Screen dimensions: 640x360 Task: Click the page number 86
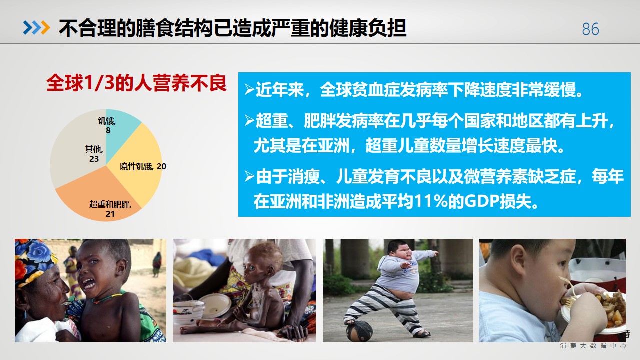point(590,29)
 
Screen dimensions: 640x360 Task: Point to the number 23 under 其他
point(94,159)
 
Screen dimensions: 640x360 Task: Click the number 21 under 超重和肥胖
point(110,214)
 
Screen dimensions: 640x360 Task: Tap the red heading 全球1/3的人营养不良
point(136,83)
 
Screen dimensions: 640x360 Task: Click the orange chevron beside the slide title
point(45,28)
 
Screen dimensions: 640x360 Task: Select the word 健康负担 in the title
point(367,28)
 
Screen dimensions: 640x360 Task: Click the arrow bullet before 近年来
point(249,89)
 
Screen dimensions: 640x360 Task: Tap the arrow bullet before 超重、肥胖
point(249,120)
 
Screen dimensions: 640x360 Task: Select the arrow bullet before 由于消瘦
point(249,176)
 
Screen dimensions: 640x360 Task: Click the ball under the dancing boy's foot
point(359,331)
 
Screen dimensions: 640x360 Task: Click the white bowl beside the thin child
point(215,304)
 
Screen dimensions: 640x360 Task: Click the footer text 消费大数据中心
point(593,346)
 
